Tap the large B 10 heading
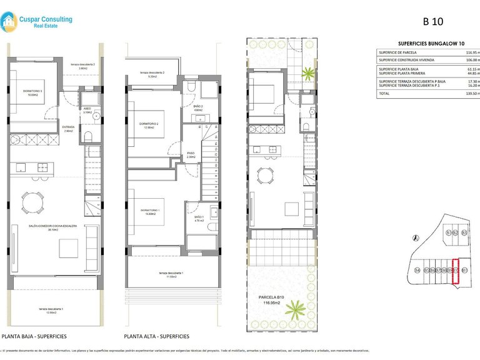click(433, 21)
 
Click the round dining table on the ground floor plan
click(32, 201)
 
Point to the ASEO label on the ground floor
click(87, 107)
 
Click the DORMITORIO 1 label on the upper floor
click(149, 210)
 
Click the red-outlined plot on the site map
click(455, 271)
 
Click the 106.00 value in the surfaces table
click(472, 61)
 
